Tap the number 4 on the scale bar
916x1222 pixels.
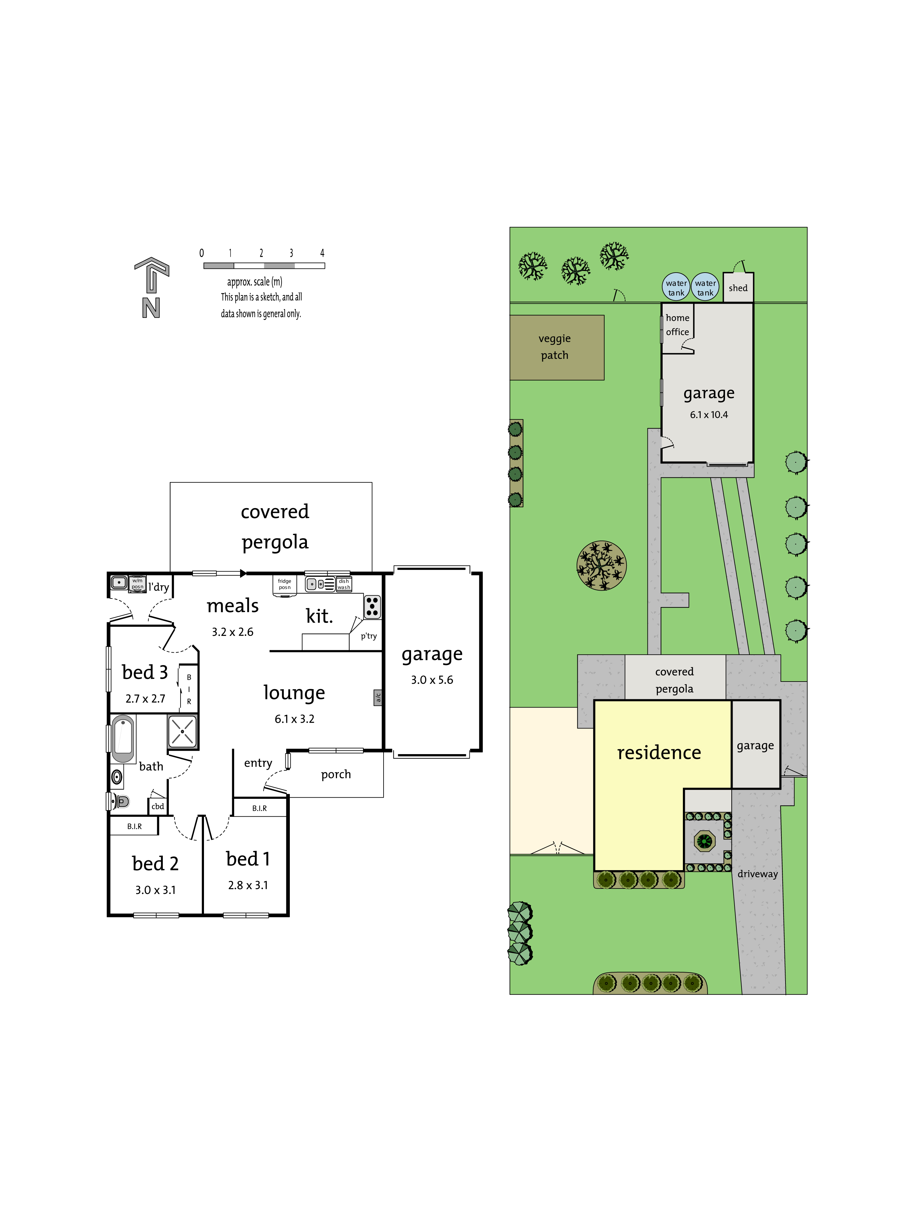[x=322, y=253]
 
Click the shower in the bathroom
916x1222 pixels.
[x=182, y=731]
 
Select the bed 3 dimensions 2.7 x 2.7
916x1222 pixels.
[x=145, y=699]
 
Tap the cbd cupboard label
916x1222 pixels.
[x=158, y=806]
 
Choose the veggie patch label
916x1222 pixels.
[x=555, y=346]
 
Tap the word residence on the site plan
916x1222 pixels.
[x=659, y=753]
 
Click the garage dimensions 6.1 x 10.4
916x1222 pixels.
[x=709, y=415]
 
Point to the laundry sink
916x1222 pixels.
[x=119, y=582]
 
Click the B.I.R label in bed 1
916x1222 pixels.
[x=259, y=808]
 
